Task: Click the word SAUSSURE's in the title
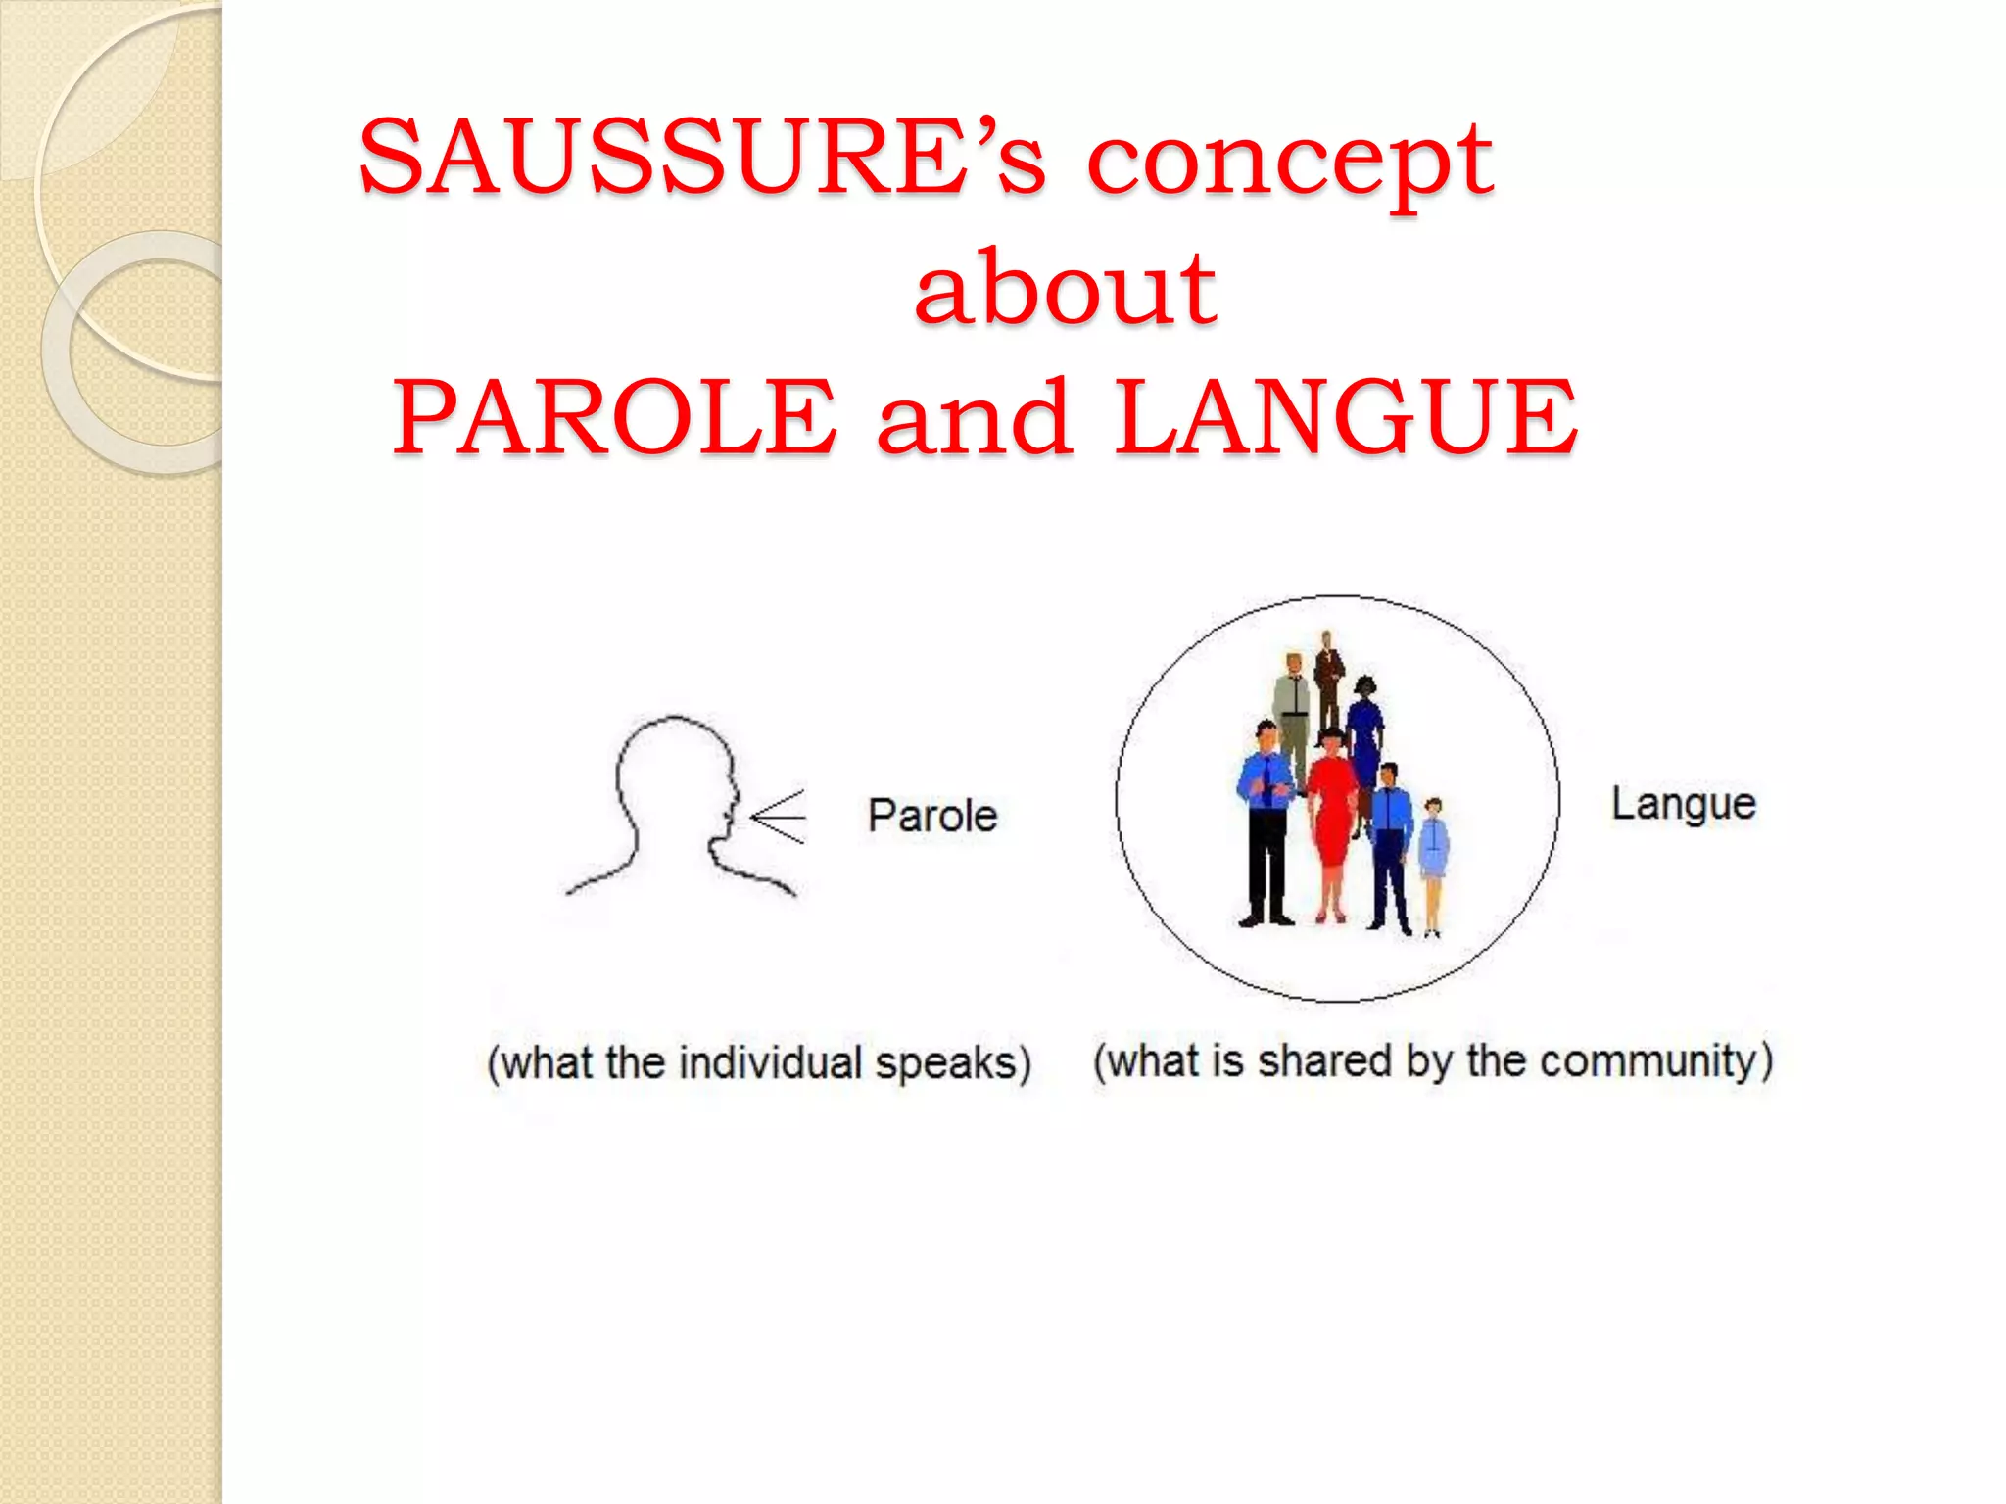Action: click(x=701, y=157)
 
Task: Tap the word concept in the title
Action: click(x=1290, y=162)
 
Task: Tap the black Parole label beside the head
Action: click(x=932, y=816)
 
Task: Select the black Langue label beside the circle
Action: click(x=1684, y=804)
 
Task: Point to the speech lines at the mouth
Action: click(x=780, y=816)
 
